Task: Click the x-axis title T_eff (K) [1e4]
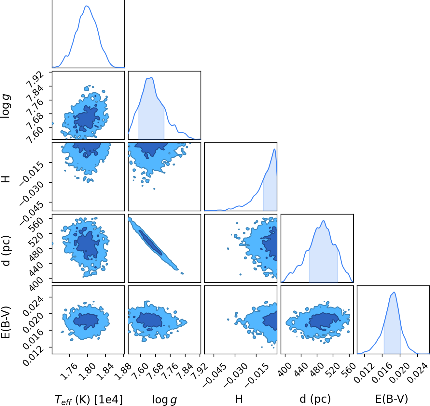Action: (89, 399)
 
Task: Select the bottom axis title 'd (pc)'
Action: (315, 399)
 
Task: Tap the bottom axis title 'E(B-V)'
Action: (392, 399)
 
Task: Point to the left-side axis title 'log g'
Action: (6, 106)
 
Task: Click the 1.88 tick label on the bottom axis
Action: (123, 371)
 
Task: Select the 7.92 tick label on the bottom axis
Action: (199, 371)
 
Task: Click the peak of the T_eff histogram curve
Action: (87, 6)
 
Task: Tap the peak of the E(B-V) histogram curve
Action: (394, 292)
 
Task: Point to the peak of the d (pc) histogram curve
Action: (324, 221)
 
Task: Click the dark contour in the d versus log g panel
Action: (150, 242)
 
